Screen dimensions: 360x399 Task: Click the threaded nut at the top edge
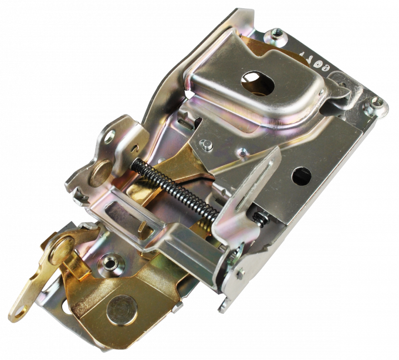[x=275, y=35]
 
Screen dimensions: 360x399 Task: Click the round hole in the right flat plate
[x=303, y=174]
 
